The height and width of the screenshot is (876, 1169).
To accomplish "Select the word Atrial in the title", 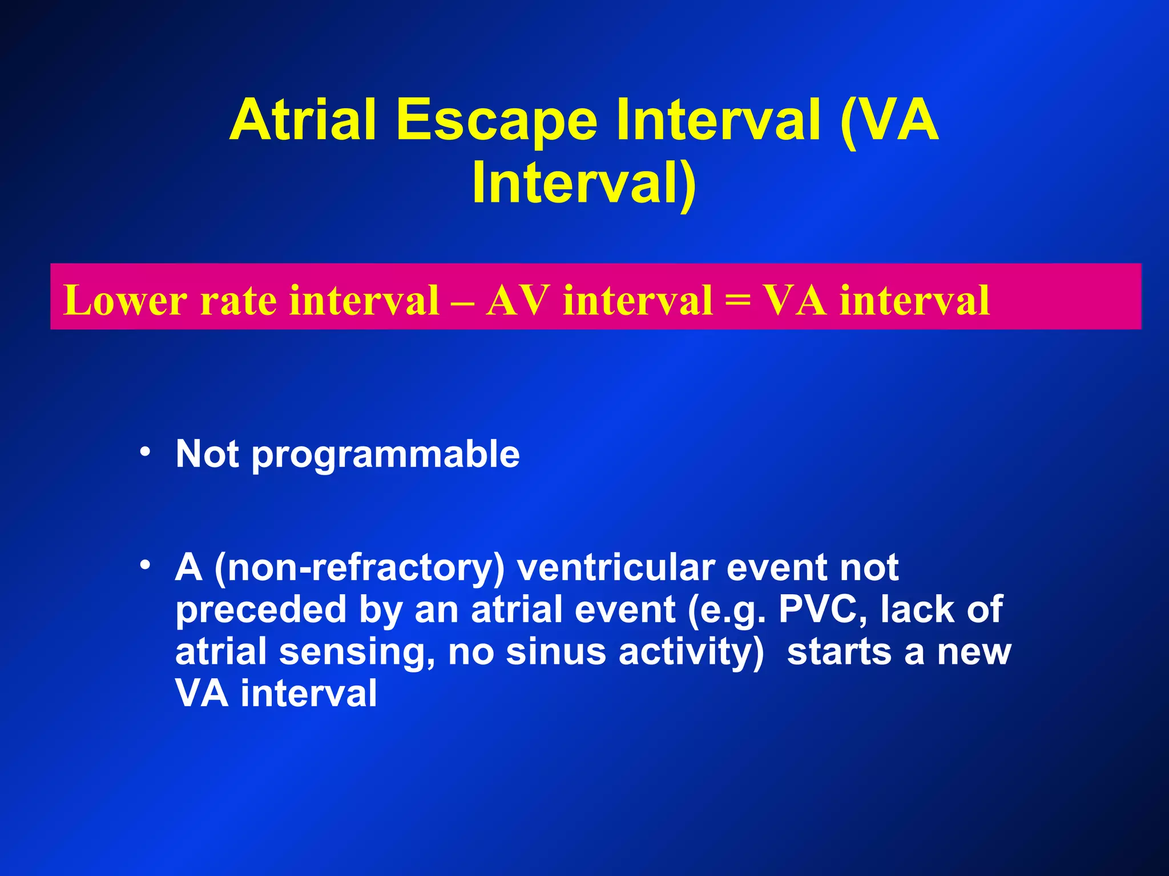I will [303, 120].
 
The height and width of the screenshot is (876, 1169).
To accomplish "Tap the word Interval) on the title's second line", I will [584, 184].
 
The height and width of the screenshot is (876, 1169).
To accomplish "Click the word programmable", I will [385, 455].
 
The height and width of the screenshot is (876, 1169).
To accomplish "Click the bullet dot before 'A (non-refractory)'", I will [145, 565].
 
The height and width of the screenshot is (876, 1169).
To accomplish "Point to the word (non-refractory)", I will [360, 569].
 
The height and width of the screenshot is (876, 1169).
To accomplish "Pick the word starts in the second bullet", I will [839, 652].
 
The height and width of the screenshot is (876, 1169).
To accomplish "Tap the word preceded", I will [260, 610].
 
